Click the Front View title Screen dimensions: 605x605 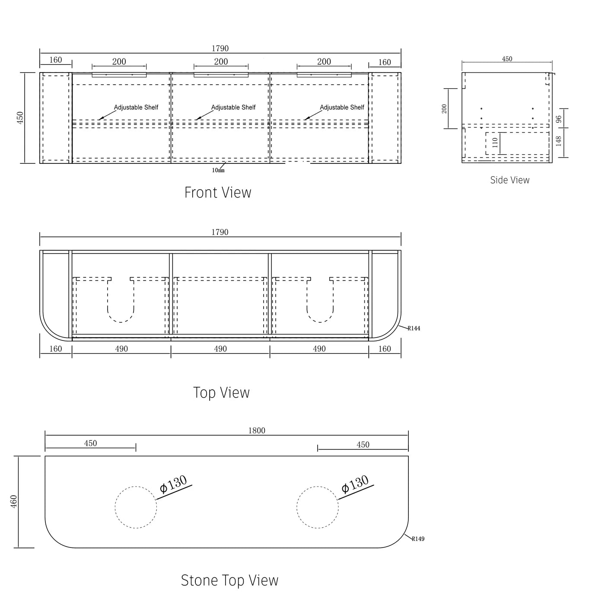pyautogui.click(x=217, y=192)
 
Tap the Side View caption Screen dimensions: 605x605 pyautogui.click(x=509, y=180)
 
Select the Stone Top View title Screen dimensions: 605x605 pyautogui.click(x=229, y=580)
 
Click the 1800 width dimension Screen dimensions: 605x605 pyautogui.click(x=257, y=430)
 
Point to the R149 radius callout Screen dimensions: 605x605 pyautogui.click(x=418, y=539)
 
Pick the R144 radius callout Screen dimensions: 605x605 pyautogui.click(x=414, y=328)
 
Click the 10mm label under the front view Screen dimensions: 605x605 pyautogui.click(x=218, y=170)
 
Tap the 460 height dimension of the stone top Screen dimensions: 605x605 pyautogui.click(x=14, y=501)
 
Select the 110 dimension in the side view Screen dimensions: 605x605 pyautogui.click(x=495, y=143)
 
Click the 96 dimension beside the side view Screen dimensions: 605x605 pyautogui.click(x=558, y=119)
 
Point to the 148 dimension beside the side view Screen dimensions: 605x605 pyautogui.click(x=558, y=141)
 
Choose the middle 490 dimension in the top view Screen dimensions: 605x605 pyautogui.click(x=220, y=349)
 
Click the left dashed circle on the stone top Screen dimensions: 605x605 pyautogui.click(x=136, y=507)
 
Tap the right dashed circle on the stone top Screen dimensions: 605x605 pyautogui.click(x=318, y=507)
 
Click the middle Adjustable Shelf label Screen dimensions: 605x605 pyautogui.click(x=233, y=107)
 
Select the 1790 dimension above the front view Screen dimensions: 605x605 pyautogui.click(x=220, y=48)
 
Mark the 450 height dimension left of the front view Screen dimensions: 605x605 pyautogui.click(x=20, y=118)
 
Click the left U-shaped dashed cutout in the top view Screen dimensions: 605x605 pyautogui.click(x=121, y=300)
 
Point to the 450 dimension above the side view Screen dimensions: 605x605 pyautogui.click(x=507, y=59)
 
